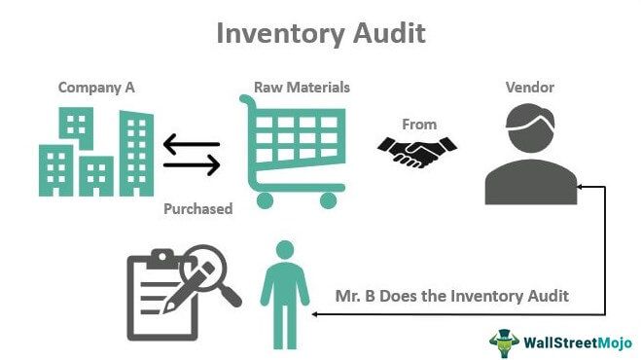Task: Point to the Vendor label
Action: tap(530, 88)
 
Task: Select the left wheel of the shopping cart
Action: tap(264, 201)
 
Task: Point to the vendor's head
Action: tap(530, 131)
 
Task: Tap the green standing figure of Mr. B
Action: tap(281, 283)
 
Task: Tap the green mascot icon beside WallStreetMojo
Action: tap(505, 341)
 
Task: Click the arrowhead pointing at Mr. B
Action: tap(315, 314)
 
